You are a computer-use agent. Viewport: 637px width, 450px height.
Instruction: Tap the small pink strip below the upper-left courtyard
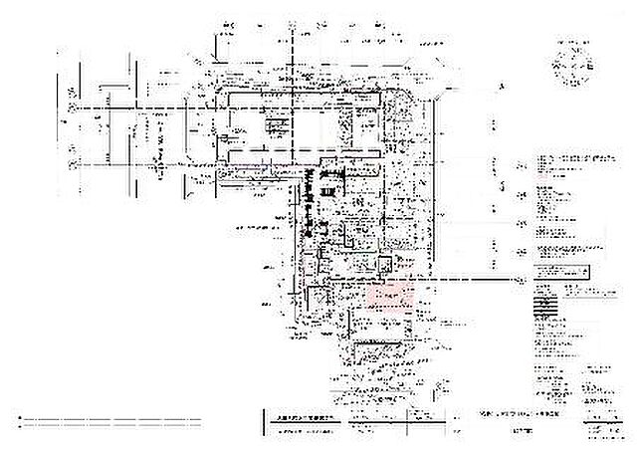(x=243, y=158)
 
